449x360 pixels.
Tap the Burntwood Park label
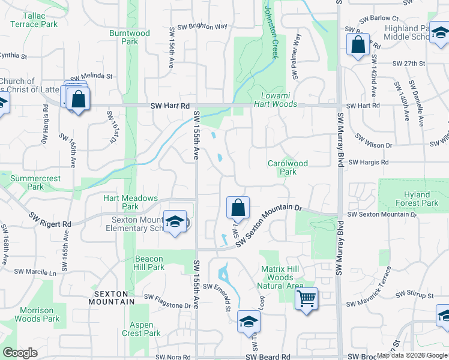(x=129, y=37)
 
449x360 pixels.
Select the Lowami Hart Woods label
(x=279, y=100)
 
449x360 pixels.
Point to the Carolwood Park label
(x=282, y=167)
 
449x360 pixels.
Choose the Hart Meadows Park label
(x=130, y=202)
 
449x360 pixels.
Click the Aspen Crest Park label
(x=141, y=329)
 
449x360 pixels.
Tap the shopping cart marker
(x=307, y=298)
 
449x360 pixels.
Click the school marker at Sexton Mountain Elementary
(x=175, y=221)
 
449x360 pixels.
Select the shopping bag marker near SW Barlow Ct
(x=358, y=44)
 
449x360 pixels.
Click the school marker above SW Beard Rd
(x=249, y=322)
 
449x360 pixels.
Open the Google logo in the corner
(x=20, y=353)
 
